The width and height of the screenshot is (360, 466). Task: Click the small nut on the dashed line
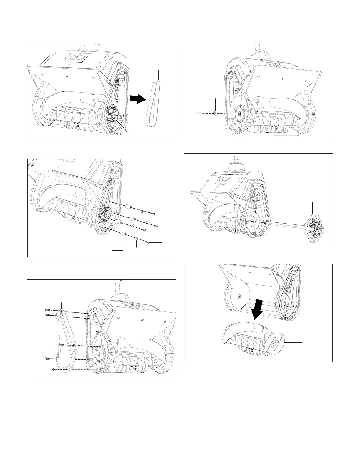pyautogui.click(x=215, y=113)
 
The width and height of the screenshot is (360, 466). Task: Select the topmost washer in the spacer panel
pyautogui.click(x=142, y=210)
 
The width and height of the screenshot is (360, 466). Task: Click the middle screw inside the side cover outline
pyautogui.click(x=61, y=344)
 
